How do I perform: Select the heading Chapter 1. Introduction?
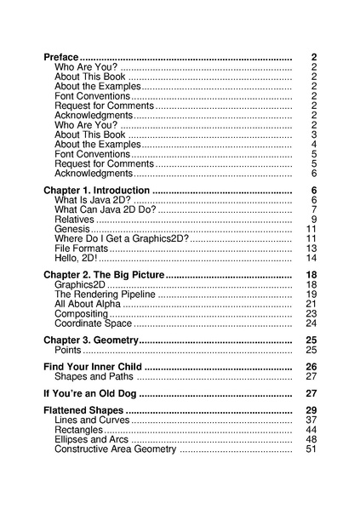(x=96, y=190)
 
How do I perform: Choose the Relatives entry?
(x=74, y=220)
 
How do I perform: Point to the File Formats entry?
(x=80, y=249)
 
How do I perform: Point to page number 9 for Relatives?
(x=314, y=220)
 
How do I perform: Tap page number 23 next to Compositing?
(x=311, y=314)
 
